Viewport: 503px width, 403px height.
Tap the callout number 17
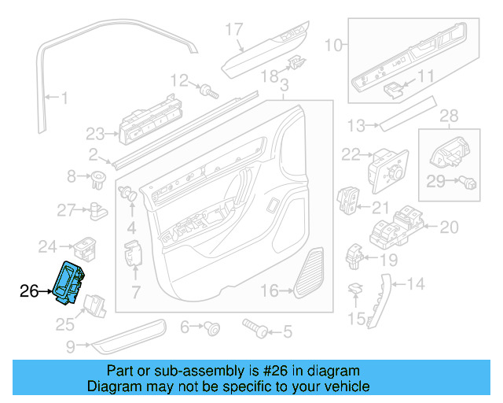[235, 30]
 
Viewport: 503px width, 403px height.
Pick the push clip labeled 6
[212, 328]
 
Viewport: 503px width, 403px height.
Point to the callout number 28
[448, 116]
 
